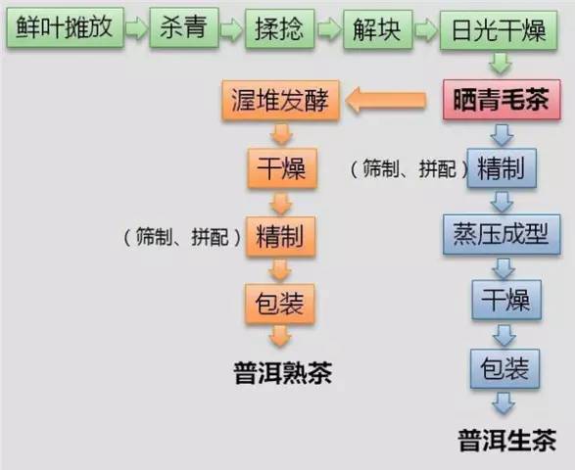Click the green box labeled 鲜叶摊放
tap(66, 27)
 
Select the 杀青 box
tap(184, 27)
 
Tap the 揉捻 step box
tap(280, 29)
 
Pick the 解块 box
tap(378, 29)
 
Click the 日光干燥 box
tap(499, 30)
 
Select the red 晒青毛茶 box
tap(502, 99)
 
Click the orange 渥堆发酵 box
tap(280, 100)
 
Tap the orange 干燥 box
tap(282, 168)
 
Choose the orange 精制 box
tap(281, 236)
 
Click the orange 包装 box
tap(280, 304)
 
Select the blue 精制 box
tap(502, 167)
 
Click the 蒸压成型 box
tap(502, 234)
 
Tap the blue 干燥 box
tap(506, 300)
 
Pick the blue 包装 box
tap(504, 368)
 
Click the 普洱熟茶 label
tap(283, 373)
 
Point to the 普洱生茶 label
tap(507, 440)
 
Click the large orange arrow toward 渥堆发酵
tap(385, 100)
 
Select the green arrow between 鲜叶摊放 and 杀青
tap(137, 27)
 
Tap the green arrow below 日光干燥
tap(501, 64)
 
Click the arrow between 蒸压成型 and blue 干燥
tap(503, 268)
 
